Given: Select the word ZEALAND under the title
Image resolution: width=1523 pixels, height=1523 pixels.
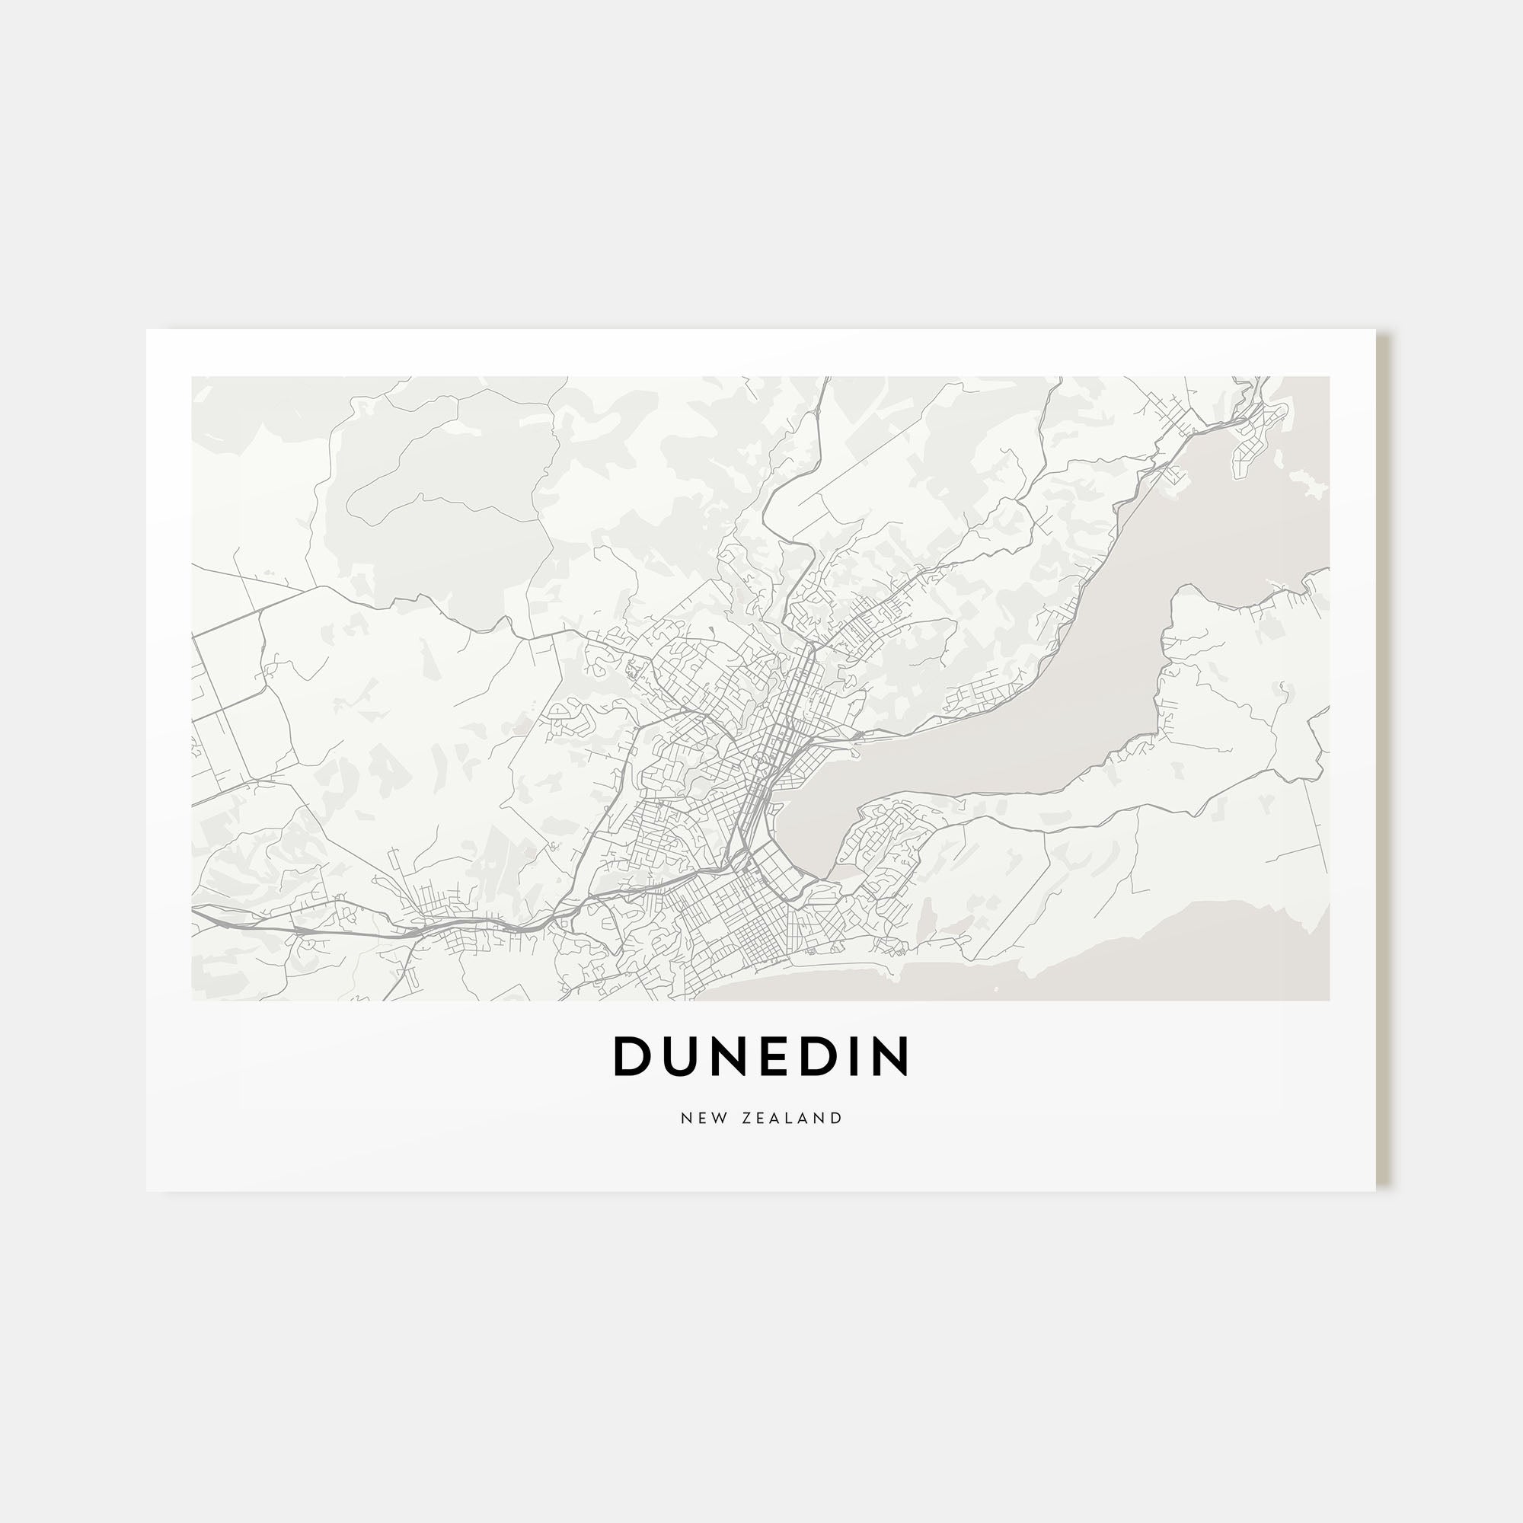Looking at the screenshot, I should (x=792, y=1118).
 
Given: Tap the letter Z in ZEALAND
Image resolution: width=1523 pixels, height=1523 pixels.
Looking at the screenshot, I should (x=746, y=1118).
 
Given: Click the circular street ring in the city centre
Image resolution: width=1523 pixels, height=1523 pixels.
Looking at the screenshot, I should (x=761, y=759).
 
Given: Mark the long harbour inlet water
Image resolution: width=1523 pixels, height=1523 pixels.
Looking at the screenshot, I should (x=1025, y=710).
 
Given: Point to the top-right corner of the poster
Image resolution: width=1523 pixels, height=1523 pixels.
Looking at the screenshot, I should (x=1375, y=330).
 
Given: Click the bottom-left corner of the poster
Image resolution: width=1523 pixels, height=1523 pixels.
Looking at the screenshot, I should (x=148, y=1190).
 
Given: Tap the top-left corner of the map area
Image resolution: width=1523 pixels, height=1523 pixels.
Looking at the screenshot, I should (x=193, y=378).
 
